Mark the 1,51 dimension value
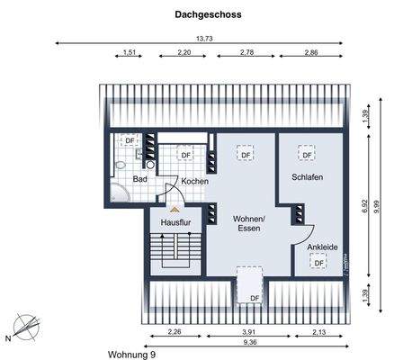[x=129, y=54]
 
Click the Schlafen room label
[x=307, y=177]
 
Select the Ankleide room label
[x=322, y=245]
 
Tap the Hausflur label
[x=175, y=221]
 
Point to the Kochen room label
[x=194, y=181]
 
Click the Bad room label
[x=139, y=179]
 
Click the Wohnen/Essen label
[x=248, y=223]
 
